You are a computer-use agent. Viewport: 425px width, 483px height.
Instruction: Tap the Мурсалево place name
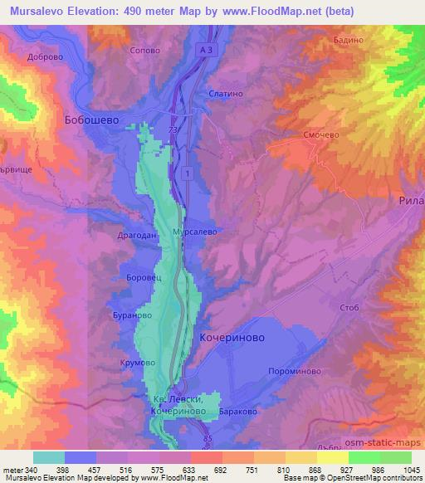coord(194,232)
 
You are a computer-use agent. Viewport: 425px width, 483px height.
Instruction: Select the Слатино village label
coord(226,95)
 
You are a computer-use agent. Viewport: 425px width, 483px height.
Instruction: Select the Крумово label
coord(139,363)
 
